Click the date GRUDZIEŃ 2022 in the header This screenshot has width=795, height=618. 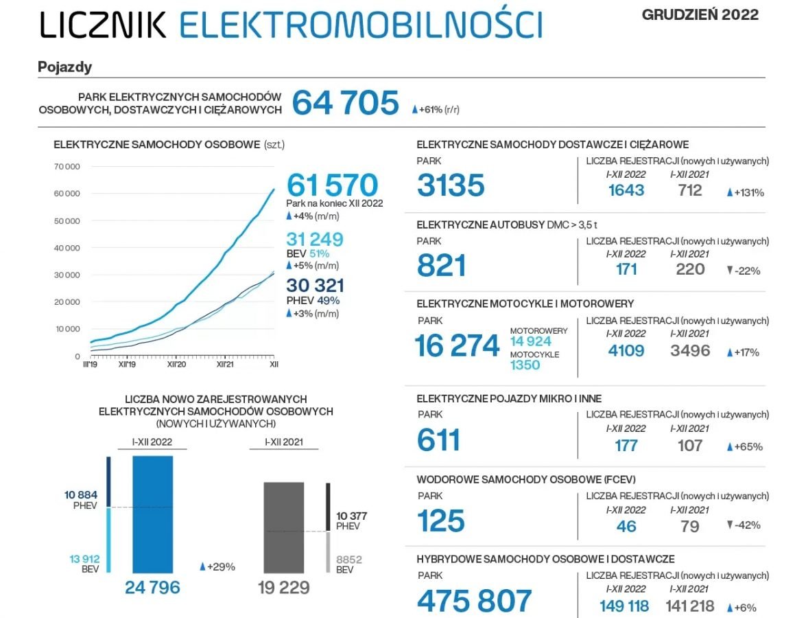pos(700,15)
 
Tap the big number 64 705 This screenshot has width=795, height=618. pos(345,103)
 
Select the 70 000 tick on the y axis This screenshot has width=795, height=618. pos(67,167)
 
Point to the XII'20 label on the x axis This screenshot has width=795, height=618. pos(176,365)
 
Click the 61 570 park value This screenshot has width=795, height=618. pos(332,185)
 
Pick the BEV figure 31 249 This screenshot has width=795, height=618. pos(315,239)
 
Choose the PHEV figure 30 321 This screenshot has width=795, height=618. pos(315,286)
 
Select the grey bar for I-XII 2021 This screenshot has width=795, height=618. pos(283,527)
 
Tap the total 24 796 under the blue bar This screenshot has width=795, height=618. pos(152,587)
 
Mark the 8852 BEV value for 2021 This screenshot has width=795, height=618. pos(348,560)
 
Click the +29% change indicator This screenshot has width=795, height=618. pos(217,566)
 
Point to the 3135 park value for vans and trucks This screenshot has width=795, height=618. pos(451,185)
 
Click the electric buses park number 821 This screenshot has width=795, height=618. pos(441,265)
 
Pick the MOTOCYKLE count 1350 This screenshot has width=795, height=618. pos(525,365)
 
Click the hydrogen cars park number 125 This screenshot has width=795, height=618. pos(440,520)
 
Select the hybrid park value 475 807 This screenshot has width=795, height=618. pos(474,601)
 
